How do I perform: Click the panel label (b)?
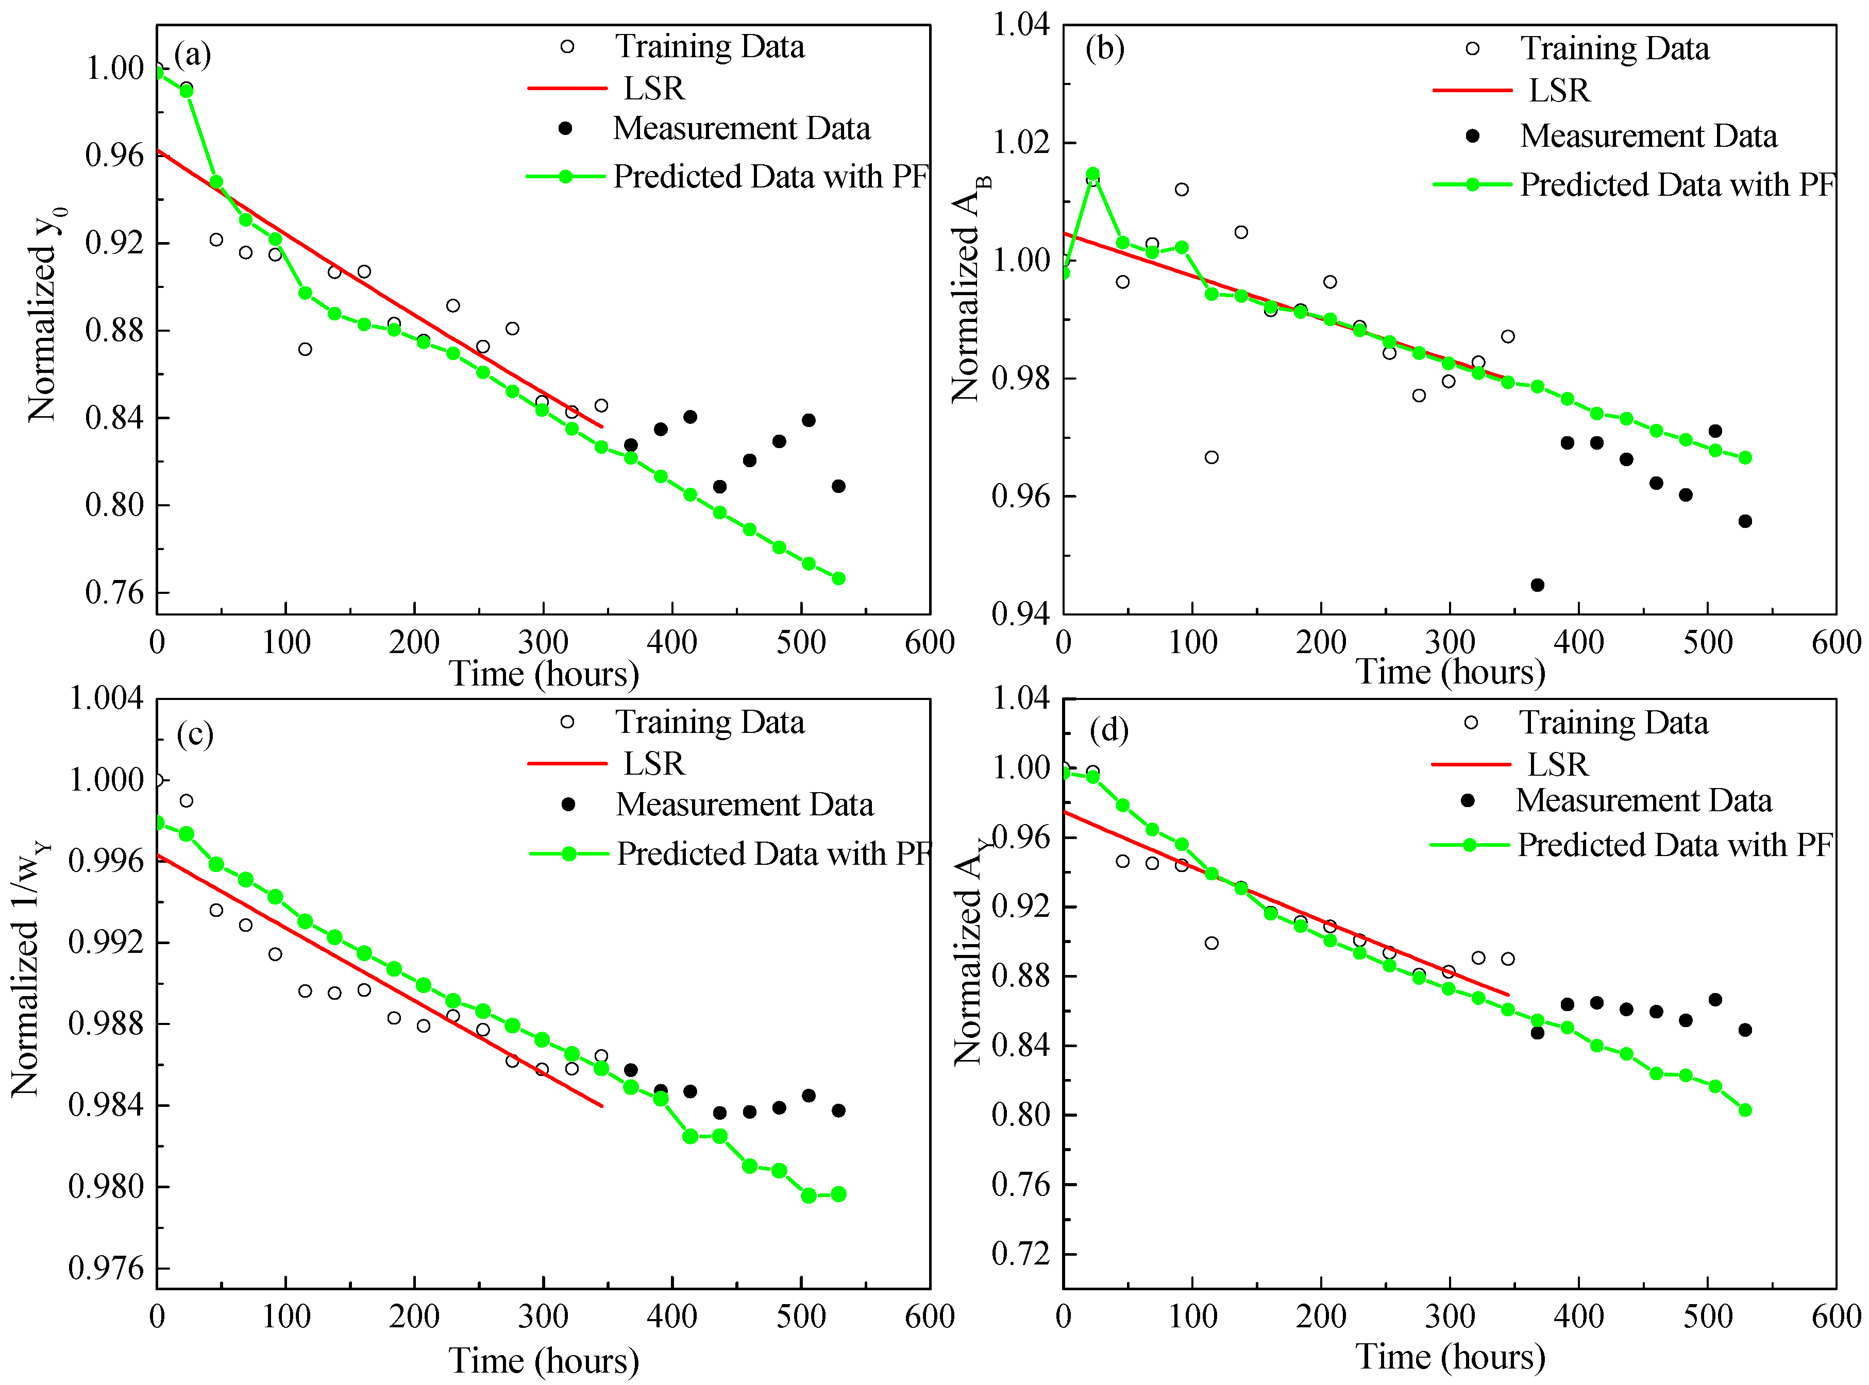1105,48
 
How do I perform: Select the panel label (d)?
1109,730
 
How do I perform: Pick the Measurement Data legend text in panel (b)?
1648,136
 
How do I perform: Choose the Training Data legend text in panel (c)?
710,722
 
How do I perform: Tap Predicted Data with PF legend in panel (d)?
1631,845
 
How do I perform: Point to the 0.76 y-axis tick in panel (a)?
115,593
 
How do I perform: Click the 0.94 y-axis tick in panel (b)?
1021,613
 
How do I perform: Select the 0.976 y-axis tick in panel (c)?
107,1269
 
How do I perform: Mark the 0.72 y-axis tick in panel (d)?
1021,1254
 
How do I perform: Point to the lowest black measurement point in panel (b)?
1537,585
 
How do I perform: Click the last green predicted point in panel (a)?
838,578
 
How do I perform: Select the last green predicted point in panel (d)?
1745,1110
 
